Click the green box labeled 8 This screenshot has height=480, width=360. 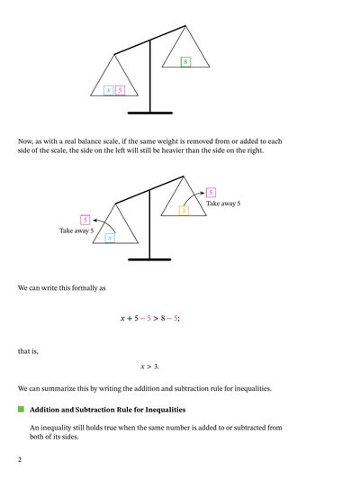[x=184, y=62]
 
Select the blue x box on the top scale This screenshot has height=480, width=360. [x=108, y=90]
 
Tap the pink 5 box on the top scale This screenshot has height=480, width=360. [x=120, y=90]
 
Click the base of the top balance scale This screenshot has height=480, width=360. [x=150, y=113]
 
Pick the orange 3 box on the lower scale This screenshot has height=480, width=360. [x=184, y=210]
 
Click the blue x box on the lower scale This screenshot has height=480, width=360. [x=110, y=237]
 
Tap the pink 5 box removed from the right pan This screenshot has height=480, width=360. [x=211, y=193]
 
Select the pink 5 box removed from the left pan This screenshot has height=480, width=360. [x=85, y=220]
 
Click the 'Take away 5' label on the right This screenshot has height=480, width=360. [x=223, y=204]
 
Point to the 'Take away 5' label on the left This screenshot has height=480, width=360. [x=76, y=231]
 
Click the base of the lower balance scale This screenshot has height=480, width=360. [x=150, y=259]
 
